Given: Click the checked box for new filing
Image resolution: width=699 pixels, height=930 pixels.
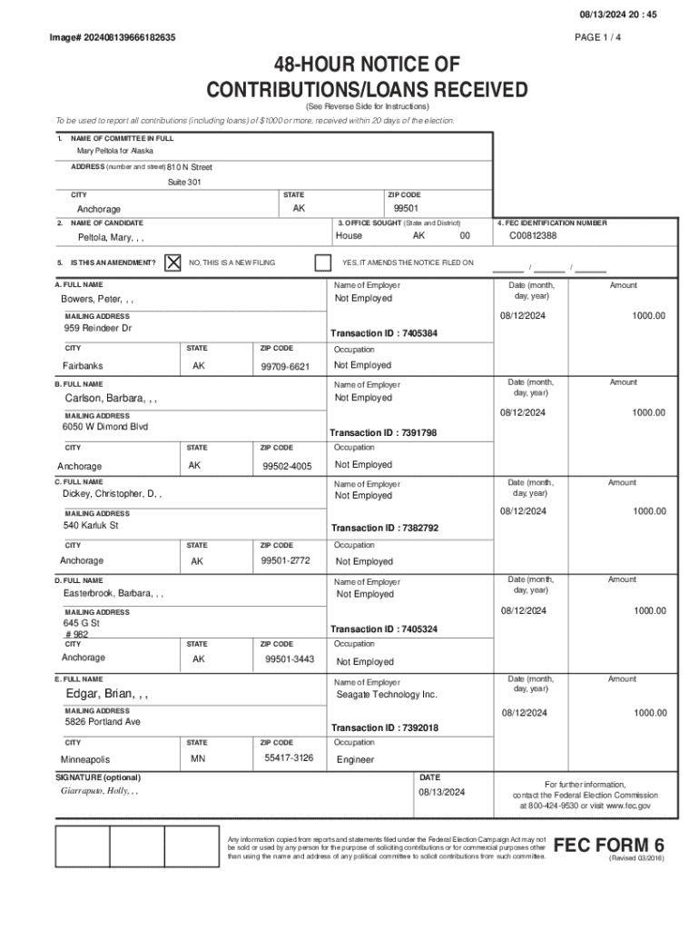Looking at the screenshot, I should click(x=172, y=262).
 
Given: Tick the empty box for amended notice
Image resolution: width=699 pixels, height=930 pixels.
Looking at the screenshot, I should click(x=322, y=262).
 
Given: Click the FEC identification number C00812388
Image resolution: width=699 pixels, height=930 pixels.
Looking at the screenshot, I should click(x=533, y=236).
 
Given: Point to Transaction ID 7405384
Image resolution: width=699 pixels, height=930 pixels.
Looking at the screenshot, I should click(x=384, y=333).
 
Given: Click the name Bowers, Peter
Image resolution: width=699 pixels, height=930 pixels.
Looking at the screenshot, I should click(x=97, y=299).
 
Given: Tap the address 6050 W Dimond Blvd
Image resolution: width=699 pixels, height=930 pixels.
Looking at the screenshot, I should click(x=105, y=427).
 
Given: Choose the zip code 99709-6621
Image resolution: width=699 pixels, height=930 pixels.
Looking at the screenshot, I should click(x=285, y=366).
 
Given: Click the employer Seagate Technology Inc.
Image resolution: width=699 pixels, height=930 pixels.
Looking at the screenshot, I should click(x=387, y=695).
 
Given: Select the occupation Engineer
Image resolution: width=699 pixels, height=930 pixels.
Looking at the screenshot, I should click(x=355, y=759).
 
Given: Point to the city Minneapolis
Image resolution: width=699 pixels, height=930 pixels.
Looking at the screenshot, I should click(x=85, y=759).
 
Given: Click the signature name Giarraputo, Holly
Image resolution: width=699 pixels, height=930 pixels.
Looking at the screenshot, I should click(x=99, y=791).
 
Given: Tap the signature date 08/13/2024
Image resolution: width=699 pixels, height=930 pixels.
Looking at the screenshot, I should click(x=441, y=792).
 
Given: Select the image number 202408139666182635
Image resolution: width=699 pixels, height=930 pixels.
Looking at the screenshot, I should click(x=113, y=37).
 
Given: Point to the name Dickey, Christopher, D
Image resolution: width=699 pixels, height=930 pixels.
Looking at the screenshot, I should click(x=113, y=494).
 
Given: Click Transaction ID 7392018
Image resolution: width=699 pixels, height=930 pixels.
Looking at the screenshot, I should click(x=384, y=728).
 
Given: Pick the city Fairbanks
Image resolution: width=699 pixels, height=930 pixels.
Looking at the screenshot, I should click(x=83, y=366).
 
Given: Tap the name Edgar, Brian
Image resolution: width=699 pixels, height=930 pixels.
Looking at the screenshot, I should click(x=107, y=695).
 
